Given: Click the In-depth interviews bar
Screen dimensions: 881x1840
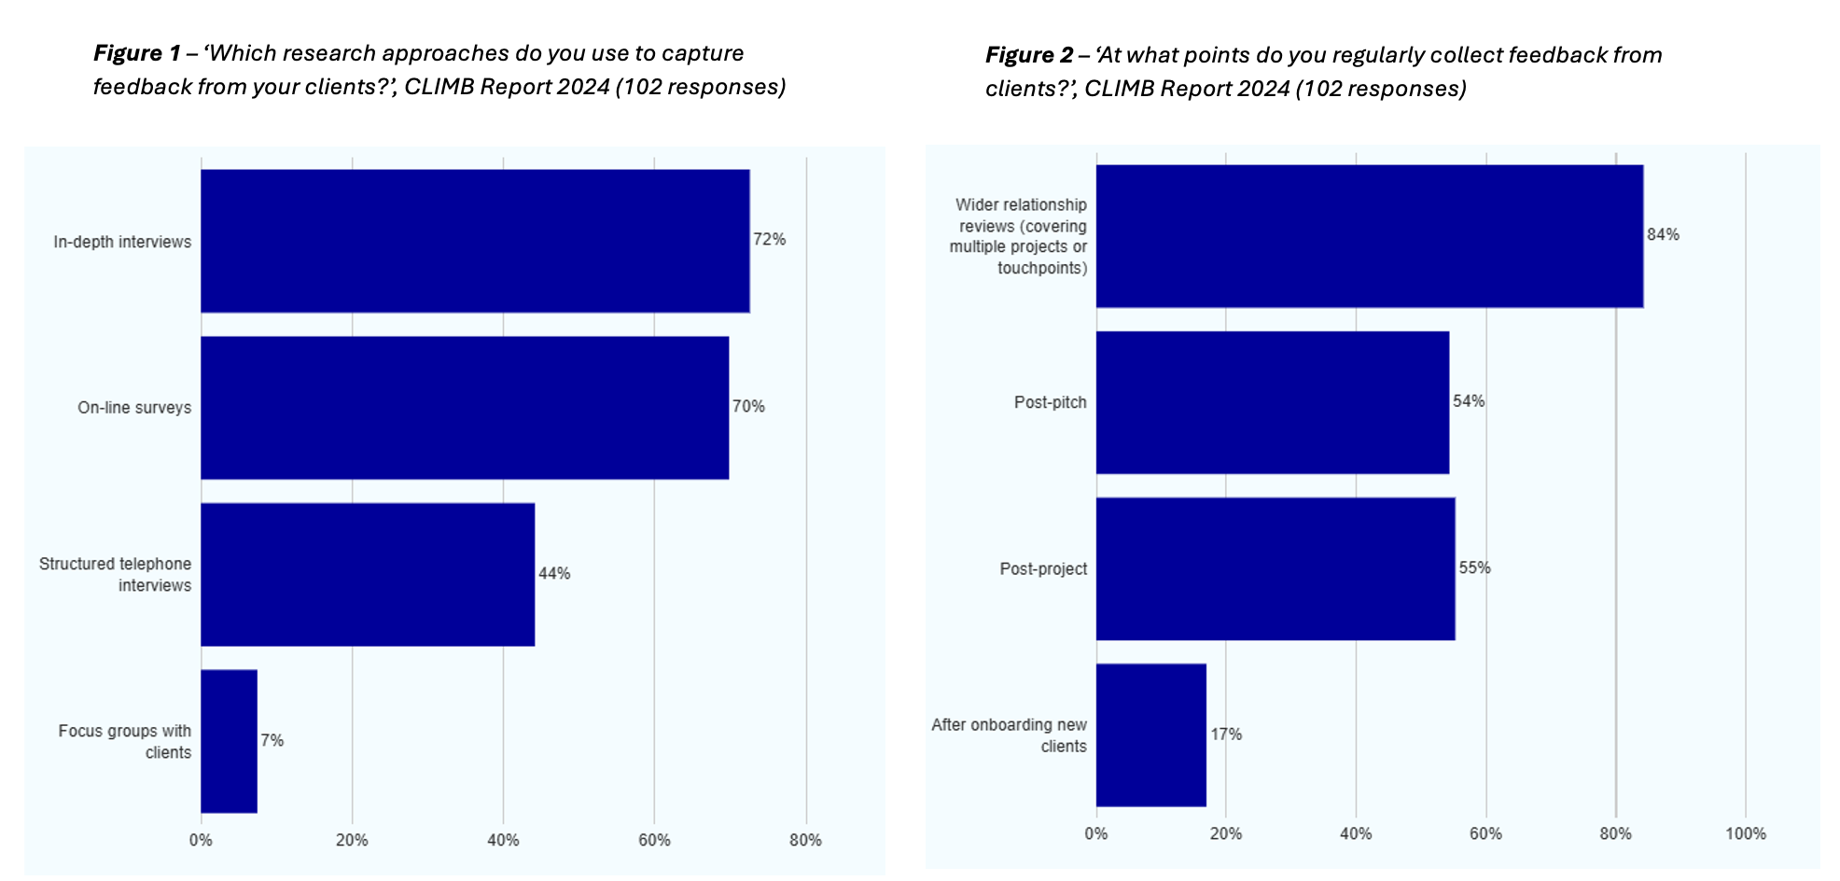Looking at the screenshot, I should [x=475, y=241].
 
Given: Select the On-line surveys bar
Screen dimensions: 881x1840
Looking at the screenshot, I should [x=465, y=408].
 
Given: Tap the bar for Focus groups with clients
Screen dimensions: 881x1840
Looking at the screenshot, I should [x=229, y=741].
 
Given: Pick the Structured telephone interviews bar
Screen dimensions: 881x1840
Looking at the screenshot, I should [x=368, y=574].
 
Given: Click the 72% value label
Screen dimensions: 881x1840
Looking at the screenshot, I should [x=770, y=240].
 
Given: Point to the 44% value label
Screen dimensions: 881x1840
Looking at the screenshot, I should [x=554, y=573].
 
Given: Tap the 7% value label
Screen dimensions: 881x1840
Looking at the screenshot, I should [x=272, y=740].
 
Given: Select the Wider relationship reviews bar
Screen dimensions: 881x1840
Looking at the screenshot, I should [x=1369, y=236].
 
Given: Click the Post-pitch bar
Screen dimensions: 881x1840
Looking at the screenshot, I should [x=1273, y=402].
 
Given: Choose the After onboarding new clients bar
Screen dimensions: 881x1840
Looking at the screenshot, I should [x=1150, y=734].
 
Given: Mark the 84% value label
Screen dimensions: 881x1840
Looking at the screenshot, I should [x=1663, y=234].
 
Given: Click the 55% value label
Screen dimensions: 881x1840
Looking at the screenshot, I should [x=1474, y=567].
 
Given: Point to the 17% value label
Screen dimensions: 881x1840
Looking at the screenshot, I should [x=1226, y=734].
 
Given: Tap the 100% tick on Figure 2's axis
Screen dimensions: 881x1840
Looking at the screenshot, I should [x=1745, y=833].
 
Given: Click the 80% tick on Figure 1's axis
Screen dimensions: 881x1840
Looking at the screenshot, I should [x=805, y=840].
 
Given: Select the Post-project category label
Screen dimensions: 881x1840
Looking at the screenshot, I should [x=1043, y=568].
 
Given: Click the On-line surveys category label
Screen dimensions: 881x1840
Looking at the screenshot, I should [x=134, y=408].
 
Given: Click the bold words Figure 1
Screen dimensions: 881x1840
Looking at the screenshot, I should [x=136, y=53].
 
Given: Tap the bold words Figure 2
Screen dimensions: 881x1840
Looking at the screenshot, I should [x=1028, y=55].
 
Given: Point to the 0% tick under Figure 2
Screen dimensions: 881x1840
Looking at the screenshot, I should [x=1095, y=833].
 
